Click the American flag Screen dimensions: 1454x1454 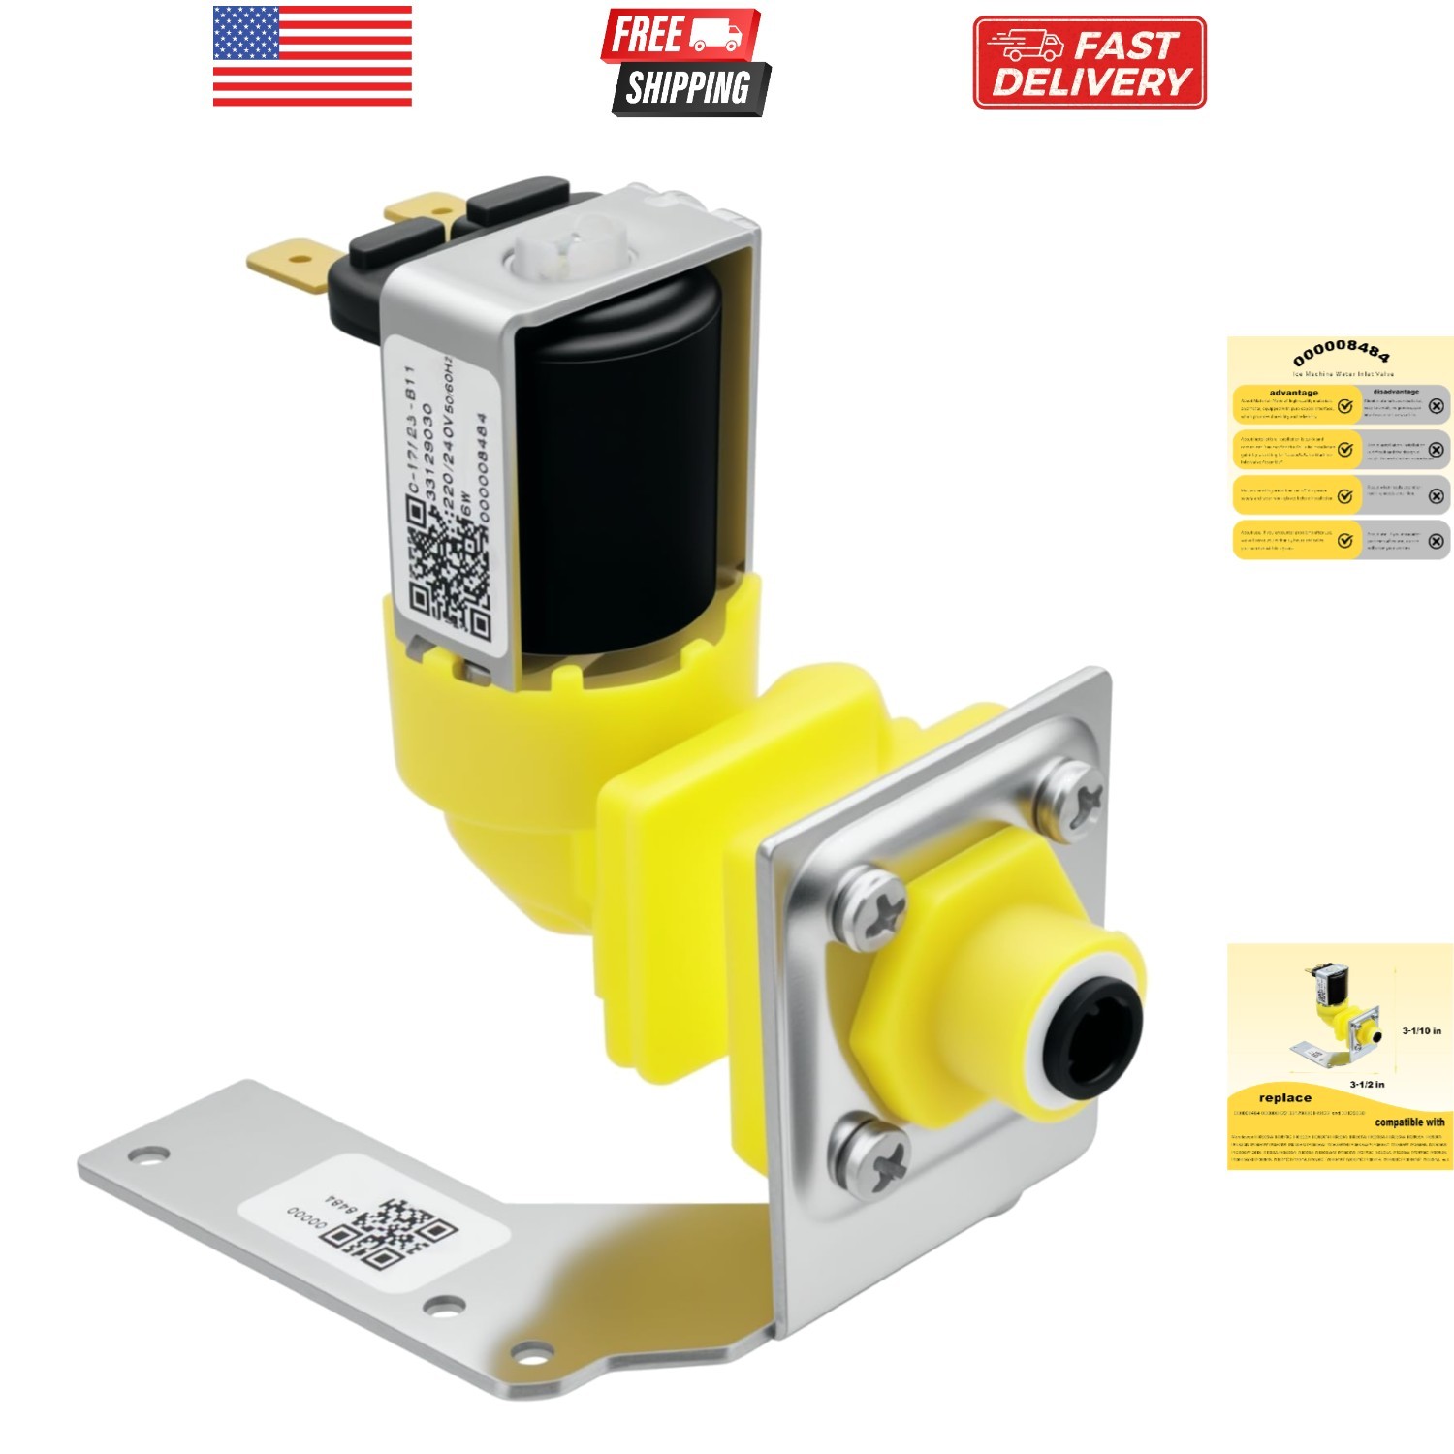click(312, 55)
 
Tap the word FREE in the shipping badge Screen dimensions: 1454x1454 click(647, 35)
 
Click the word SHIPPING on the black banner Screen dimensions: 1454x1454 click(688, 88)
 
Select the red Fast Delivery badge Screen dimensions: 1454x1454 click(1090, 63)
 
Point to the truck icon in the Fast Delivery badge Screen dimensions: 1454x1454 click(1025, 45)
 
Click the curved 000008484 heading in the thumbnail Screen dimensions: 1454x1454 click(1342, 351)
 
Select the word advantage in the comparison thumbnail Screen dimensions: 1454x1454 click(1293, 393)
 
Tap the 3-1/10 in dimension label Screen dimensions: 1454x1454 click(1421, 1030)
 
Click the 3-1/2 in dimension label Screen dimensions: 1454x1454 click(1367, 1084)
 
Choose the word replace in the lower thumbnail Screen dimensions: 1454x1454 click(1284, 1097)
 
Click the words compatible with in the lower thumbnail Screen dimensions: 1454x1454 click(1408, 1122)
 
